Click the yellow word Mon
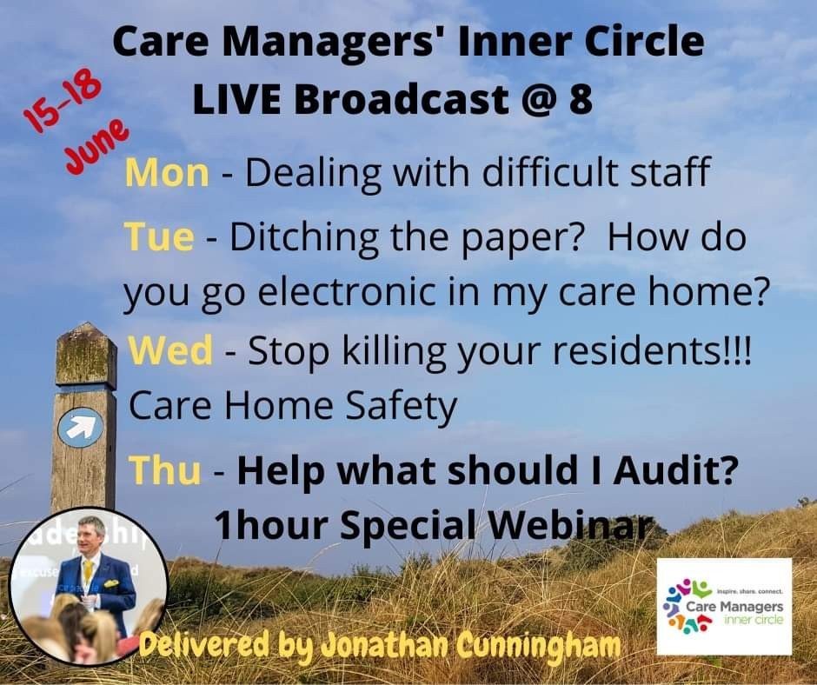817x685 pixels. pos(167,174)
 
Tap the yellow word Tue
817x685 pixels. pos(158,237)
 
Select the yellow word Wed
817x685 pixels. pos(171,351)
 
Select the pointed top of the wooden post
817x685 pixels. pos(85,335)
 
